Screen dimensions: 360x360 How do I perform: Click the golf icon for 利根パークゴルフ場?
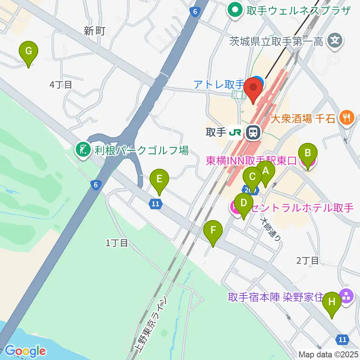[82, 150]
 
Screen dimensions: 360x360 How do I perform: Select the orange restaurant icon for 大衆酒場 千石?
[345, 118]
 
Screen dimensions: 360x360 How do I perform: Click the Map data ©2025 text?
[329, 354]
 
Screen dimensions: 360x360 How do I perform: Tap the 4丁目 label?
[60, 85]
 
